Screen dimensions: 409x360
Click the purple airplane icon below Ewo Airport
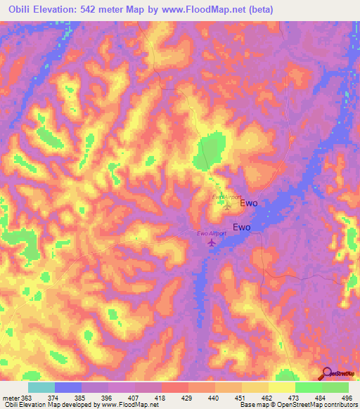pos(212,242)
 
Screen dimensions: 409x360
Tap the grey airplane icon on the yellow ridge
pos(226,207)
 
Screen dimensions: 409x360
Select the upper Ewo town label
pos(249,203)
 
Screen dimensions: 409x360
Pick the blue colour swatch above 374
pos(68,387)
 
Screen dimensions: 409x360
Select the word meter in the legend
pos(10,397)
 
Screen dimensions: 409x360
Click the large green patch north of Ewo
pos(210,150)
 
